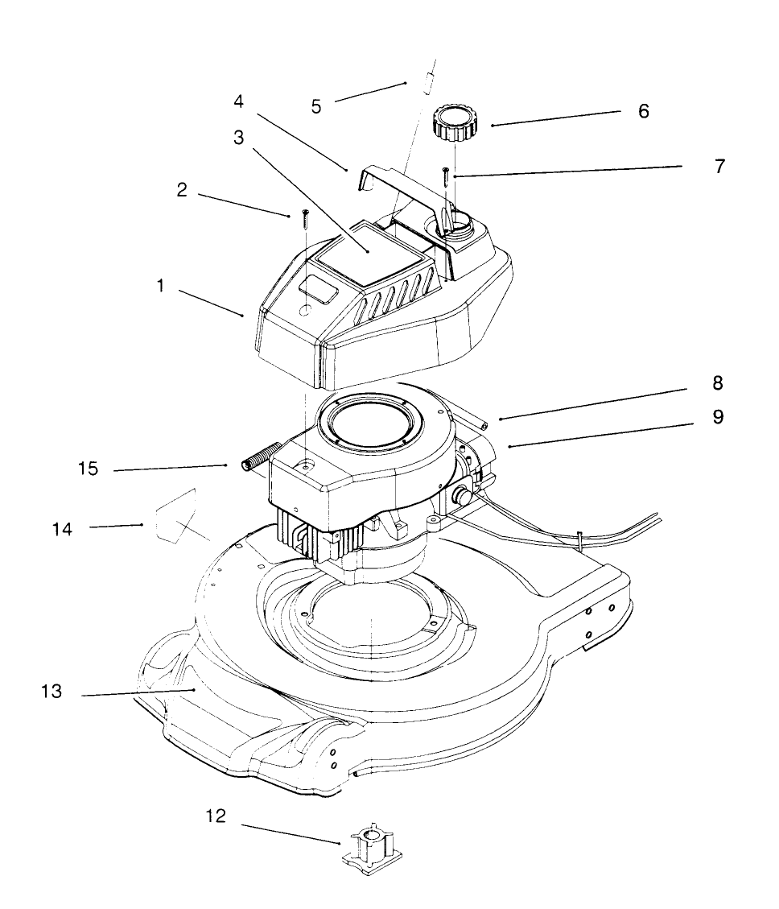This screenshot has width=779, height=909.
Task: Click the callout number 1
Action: pyautogui.click(x=162, y=287)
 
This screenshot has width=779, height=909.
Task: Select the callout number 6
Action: pyautogui.click(x=643, y=111)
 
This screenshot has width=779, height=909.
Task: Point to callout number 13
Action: pyautogui.click(x=51, y=692)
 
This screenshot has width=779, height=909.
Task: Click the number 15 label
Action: pyautogui.click(x=89, y=469)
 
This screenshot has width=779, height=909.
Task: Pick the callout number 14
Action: pyautogui.click(x=62, y=529)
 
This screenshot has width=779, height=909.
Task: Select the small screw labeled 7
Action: pyautogui.click(x=444, y=176)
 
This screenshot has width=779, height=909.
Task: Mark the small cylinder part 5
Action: pyautogui.click(x=431, y=81)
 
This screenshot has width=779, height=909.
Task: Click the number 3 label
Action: pyautogui.click(x=238, y=137)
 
